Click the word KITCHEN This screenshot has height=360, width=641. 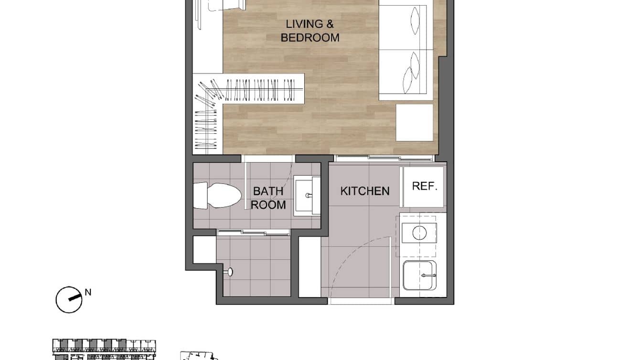[x=365, y=191]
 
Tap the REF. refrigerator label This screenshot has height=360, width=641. [x=425, y=186]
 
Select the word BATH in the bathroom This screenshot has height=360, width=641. [x=268, y=191]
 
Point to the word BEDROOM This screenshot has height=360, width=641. [x=310, y=38]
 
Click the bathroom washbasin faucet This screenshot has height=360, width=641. [x=309, y=195]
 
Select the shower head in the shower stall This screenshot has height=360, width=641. [x=230, y=272]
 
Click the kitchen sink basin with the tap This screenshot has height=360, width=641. [x=419, y=275]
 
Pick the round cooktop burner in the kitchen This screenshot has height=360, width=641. [x=419, y=233]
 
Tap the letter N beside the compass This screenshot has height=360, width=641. [x=88, y=292]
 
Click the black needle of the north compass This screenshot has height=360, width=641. [x=74, y=298]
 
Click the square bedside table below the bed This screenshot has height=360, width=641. [x=414, y=123]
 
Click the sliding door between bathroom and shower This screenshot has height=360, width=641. [x=253, y=233]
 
